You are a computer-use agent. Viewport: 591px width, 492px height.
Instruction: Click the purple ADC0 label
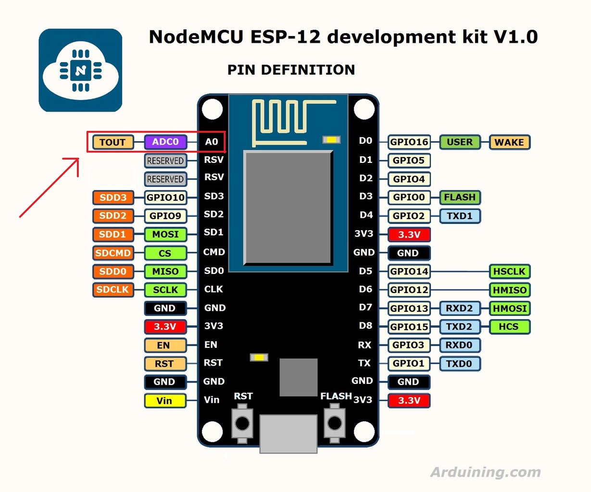tap(165, 142)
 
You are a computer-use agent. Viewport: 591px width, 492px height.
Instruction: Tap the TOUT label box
tap(113, 142)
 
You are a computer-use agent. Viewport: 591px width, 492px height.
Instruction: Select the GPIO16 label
tap(409, 142)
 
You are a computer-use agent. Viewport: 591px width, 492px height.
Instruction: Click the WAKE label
tap(509, 142)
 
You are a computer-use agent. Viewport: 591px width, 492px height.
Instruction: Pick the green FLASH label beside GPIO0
tap(460, 197)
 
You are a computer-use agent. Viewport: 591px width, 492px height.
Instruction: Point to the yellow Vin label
tap(164, 401)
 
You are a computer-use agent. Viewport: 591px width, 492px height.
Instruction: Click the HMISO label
tap(509, 290)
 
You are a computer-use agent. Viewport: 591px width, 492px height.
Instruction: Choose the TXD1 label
tap(460, 216)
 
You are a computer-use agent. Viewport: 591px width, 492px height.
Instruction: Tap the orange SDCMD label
tap(113, 253)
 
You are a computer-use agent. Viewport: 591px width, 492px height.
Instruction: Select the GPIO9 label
tap(165, 216)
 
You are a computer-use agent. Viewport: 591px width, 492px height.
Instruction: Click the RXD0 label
tap(460, 345)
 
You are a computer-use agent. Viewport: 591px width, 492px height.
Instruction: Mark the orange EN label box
tap(164, 345)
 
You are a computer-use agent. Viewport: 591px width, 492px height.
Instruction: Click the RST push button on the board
tap(242, 423)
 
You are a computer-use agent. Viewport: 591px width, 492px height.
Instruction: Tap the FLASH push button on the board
tap(334, 423)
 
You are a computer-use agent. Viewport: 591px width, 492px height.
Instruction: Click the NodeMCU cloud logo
tap(80, 70)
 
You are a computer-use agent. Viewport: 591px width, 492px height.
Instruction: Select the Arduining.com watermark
tap(486, 472)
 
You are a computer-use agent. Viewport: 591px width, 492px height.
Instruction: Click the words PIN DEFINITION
tap(291, 70)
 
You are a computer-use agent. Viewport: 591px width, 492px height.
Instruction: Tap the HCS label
tap(509, 327)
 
